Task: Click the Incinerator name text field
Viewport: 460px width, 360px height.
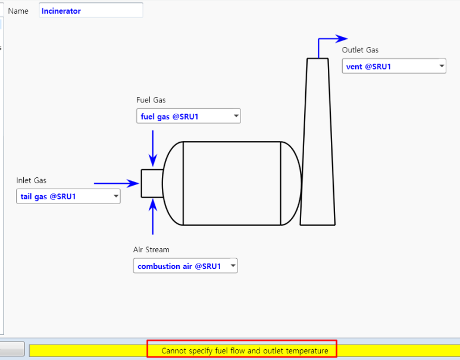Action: point(90,11)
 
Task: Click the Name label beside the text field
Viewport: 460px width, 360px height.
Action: point(18,11)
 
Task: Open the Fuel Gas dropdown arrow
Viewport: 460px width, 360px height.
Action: point(236,116)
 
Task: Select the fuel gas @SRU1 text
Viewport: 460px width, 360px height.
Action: point(170,117)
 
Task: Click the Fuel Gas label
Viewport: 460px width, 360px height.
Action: point(151,100)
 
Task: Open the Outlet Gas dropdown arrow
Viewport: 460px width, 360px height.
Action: point(442,67)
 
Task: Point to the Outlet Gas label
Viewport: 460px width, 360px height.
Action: point(360,50)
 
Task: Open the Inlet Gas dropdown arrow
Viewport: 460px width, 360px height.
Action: point(115,196)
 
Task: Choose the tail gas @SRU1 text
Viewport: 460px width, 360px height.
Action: point(48,196)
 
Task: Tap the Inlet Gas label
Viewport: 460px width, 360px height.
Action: point(31,180)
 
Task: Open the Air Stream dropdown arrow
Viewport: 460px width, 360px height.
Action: point(233,266)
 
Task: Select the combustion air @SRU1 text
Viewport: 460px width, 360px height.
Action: point(179,266)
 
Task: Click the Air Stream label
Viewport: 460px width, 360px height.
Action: point(151,250)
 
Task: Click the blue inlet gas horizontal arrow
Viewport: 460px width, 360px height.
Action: point(116,183)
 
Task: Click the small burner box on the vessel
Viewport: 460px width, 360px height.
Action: point(151,183)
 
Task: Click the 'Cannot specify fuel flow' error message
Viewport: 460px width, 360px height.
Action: point(245,350)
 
